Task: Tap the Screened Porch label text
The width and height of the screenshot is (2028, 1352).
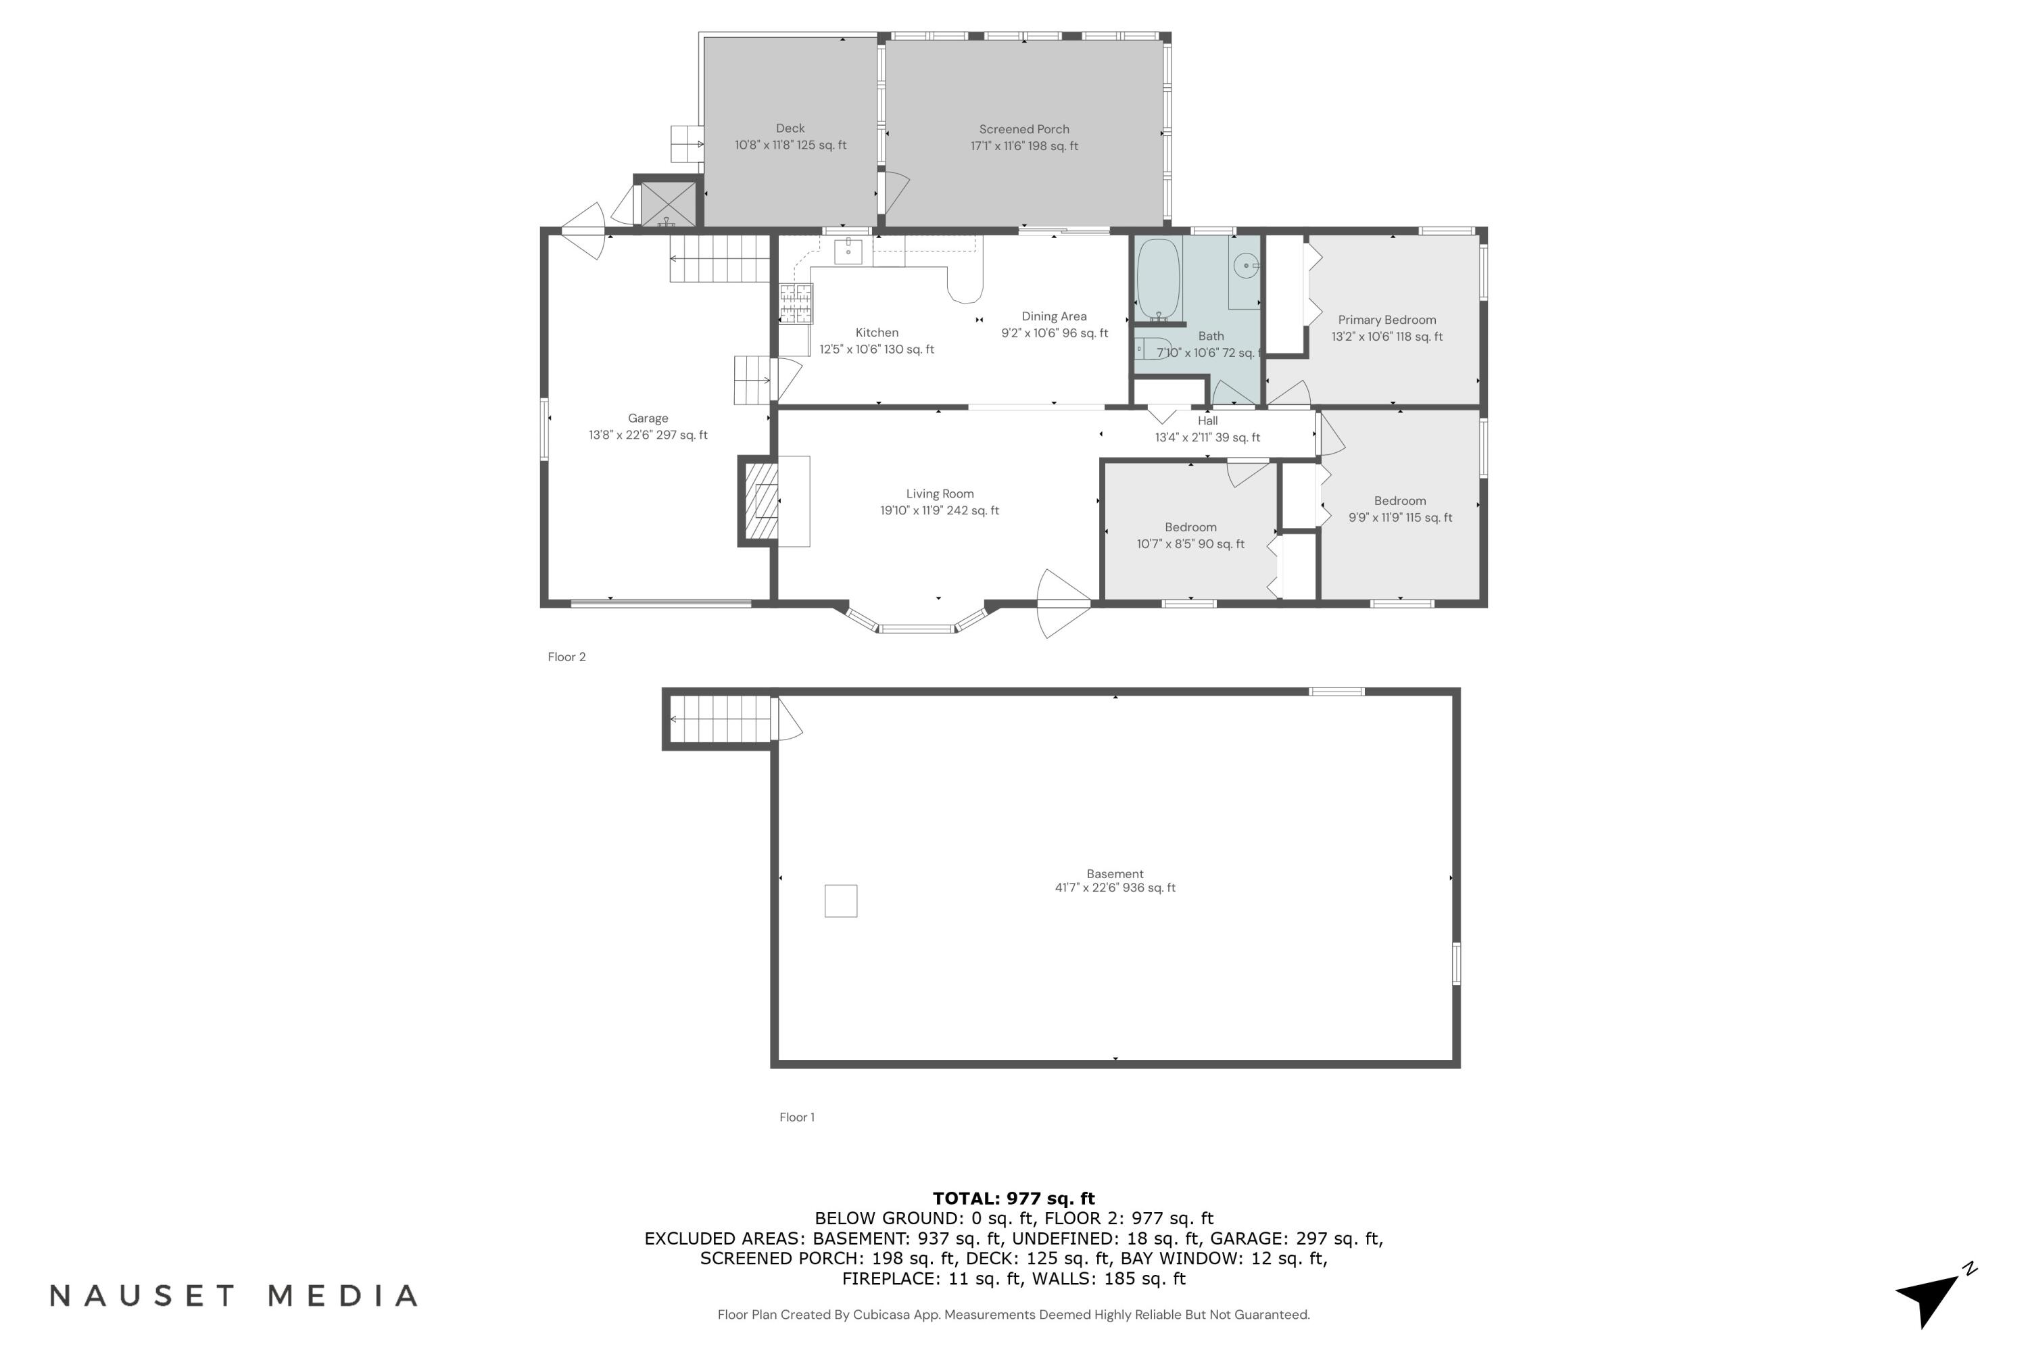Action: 1023,129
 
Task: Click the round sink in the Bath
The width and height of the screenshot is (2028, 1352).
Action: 1245,266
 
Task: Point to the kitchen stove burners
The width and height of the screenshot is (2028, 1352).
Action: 795,304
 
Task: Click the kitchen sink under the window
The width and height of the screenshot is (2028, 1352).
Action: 848,251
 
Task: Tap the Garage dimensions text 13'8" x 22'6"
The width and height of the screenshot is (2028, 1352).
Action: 648,435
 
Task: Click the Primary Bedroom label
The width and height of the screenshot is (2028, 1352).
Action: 1386,320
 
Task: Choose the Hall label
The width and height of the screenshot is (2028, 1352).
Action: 1207,420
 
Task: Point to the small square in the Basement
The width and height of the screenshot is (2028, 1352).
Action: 841,900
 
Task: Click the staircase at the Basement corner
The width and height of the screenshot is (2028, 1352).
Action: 719,718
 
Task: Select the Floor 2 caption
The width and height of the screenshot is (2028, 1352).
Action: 566,657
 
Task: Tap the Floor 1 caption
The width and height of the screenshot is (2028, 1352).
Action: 797,1117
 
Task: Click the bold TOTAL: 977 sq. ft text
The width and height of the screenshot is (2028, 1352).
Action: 1013,1199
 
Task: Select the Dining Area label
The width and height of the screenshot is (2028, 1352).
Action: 1054,316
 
